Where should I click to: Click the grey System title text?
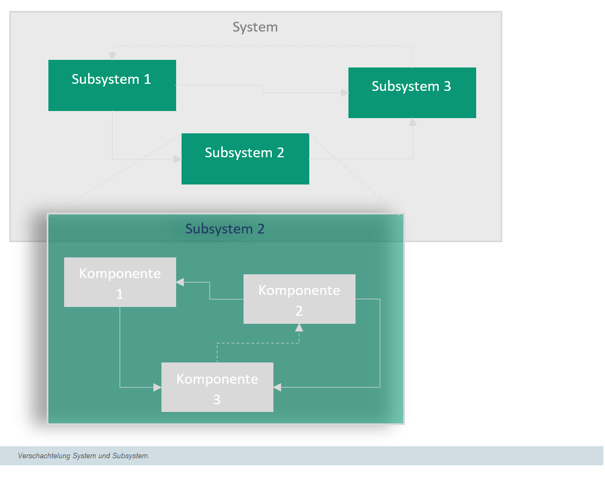tap(255, 27)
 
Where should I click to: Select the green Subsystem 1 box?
tap(113, 85)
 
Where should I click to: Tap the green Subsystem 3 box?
tap(412, 93)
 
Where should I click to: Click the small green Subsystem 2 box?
tap(245, 159)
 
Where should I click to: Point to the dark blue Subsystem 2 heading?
tap(225, 229)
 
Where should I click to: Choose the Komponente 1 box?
tap(120, 282)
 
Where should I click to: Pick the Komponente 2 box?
tap(300, 299)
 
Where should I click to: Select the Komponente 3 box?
tap(217, 387)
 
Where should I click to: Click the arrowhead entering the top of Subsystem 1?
tap(113, 56)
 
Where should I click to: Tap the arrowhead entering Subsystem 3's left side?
tap(345, 93)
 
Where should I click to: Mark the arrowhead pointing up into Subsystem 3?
tap(413, 122)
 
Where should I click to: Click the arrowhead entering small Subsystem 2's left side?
tap(178, 159)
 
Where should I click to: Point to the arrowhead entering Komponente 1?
tap(180, 282)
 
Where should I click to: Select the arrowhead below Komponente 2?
tap(299, 328)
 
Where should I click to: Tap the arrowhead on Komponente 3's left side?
tap(158, 387)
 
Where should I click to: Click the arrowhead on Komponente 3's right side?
tap(277, 387)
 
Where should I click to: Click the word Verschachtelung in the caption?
tap(44, 456)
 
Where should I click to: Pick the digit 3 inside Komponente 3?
tap(217, 399)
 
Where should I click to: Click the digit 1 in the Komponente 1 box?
tap(120, 294)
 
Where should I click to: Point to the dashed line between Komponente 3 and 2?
tap(258, 343)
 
